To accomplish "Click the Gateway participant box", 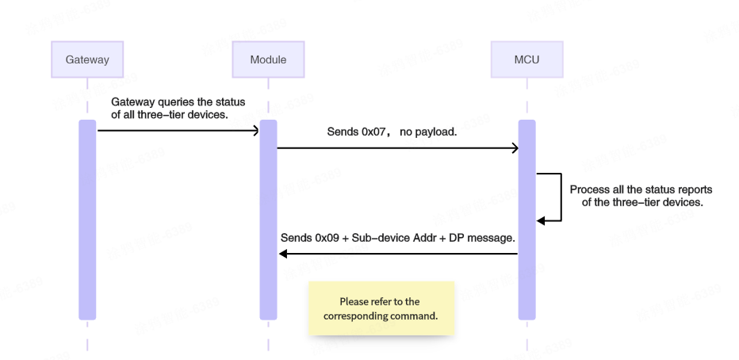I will [87, 60].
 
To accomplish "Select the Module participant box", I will [268, 60].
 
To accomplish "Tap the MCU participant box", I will [526, 60].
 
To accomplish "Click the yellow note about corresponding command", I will [381, 308].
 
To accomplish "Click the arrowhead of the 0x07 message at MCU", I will [514, 148].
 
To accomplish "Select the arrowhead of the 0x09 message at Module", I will [283, 254].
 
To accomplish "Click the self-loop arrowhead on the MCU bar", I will [542, 221].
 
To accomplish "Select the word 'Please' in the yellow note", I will [354, 301].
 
